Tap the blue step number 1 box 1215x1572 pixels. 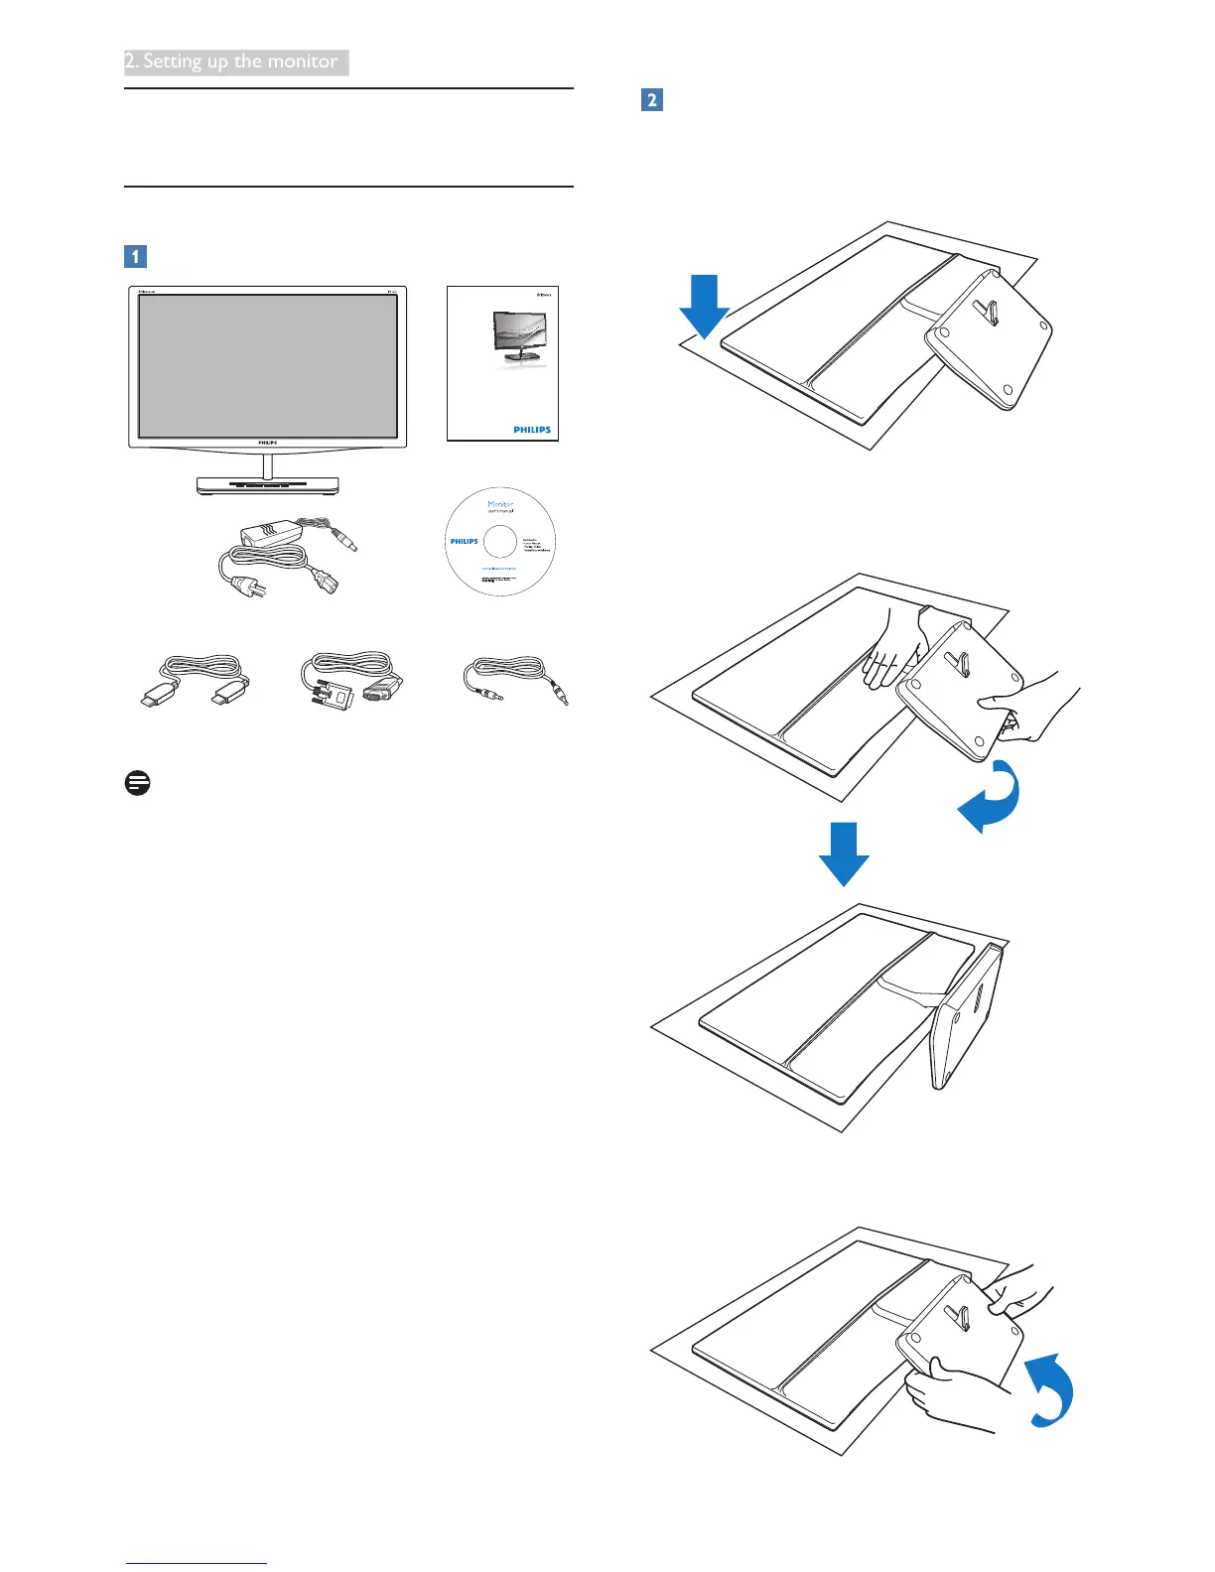135,256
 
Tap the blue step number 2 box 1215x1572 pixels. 652,99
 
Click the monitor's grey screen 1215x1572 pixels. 267,365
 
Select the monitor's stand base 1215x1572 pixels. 267,485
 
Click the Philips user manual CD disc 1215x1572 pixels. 500,542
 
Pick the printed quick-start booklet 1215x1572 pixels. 502,363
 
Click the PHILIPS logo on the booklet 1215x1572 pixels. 532,430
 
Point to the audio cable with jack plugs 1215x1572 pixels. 515,680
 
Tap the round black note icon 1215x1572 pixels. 138,783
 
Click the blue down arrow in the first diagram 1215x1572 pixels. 704,306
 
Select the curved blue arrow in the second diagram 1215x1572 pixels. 991,797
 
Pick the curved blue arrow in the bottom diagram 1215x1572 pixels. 1049,1389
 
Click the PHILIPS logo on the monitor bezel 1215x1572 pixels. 267,443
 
